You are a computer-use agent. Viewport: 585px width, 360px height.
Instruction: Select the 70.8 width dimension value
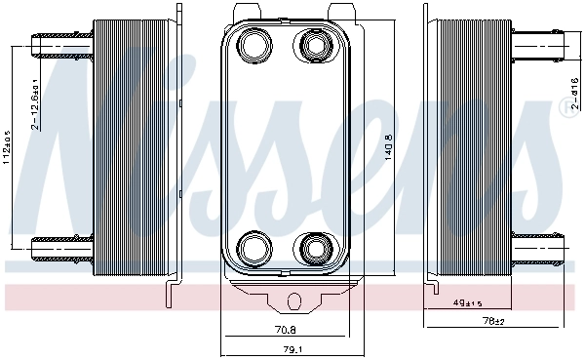[286, 329]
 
